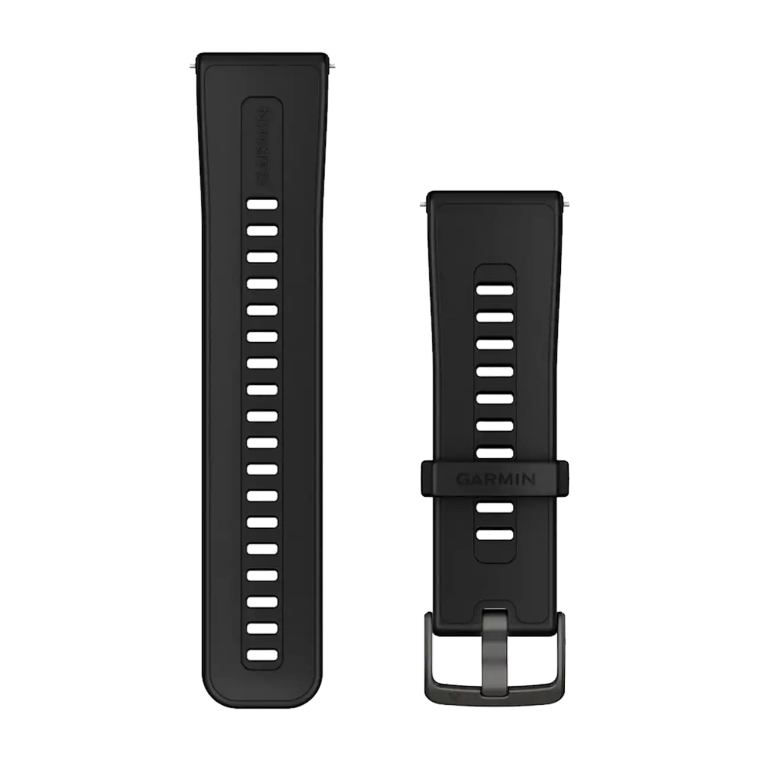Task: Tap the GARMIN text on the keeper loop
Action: pos(495,479)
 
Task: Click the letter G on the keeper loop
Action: pos(462,479)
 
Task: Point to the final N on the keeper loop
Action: pos(529,479)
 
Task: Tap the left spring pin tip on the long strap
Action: pos(192,66)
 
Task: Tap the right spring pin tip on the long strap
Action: pos(332,66)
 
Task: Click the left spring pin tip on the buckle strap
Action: pos(423,204)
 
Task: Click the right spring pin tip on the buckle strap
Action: pos(566,204)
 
